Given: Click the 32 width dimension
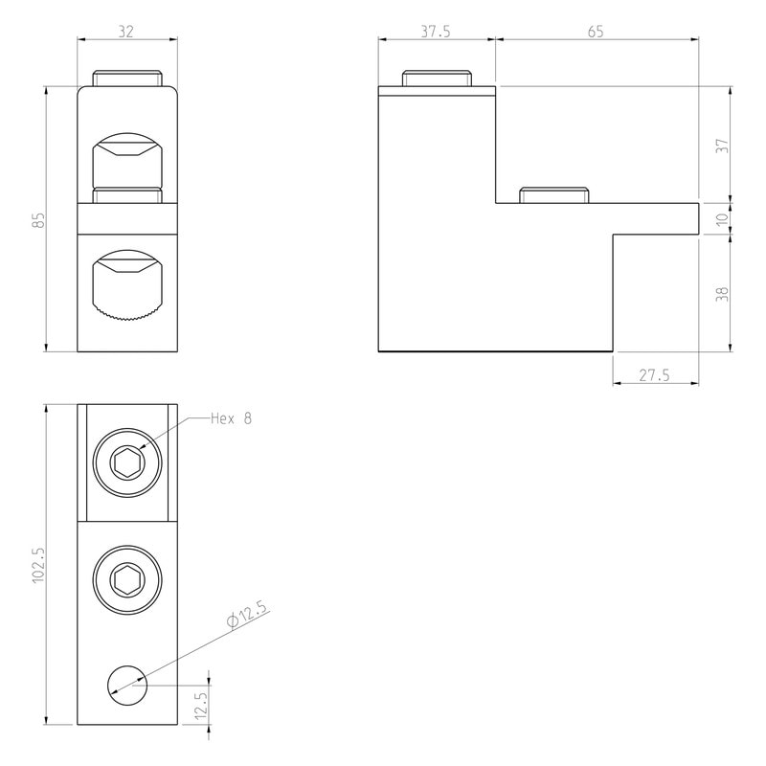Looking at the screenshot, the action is coord(126,32).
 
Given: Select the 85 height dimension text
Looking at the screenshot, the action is coord(38,219).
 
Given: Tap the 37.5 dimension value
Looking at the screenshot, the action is coord(436,32).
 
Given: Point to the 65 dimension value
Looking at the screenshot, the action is coord(596,32).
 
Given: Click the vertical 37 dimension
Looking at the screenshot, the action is coord(722,146).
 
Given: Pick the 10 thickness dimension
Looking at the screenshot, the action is coord(722,218).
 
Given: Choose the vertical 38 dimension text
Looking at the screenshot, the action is coord(722,293).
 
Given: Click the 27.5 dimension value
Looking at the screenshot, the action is coord(655,375).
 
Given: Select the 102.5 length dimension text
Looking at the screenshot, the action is coord(38,564).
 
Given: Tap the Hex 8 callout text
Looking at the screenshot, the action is coord(231,418).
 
